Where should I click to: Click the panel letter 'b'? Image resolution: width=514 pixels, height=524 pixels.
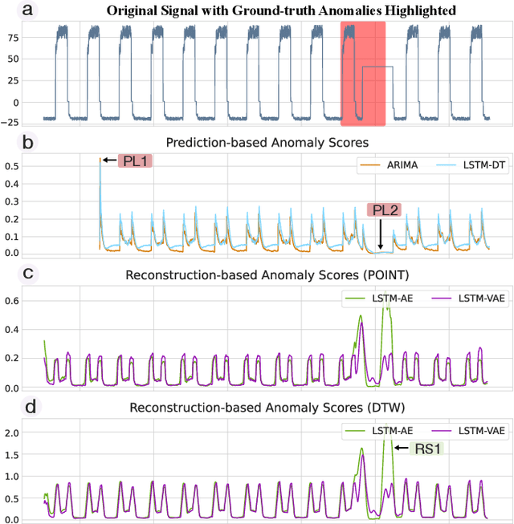[7, 144]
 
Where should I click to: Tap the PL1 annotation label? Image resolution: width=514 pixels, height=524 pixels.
[134, 161]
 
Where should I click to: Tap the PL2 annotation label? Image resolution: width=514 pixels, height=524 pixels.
[384, 210]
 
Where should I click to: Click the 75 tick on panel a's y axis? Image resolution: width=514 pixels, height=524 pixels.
[11, 37]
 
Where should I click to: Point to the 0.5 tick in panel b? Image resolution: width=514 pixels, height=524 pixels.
[10, 166]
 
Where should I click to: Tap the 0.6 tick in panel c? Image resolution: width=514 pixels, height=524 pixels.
[10, 300]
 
